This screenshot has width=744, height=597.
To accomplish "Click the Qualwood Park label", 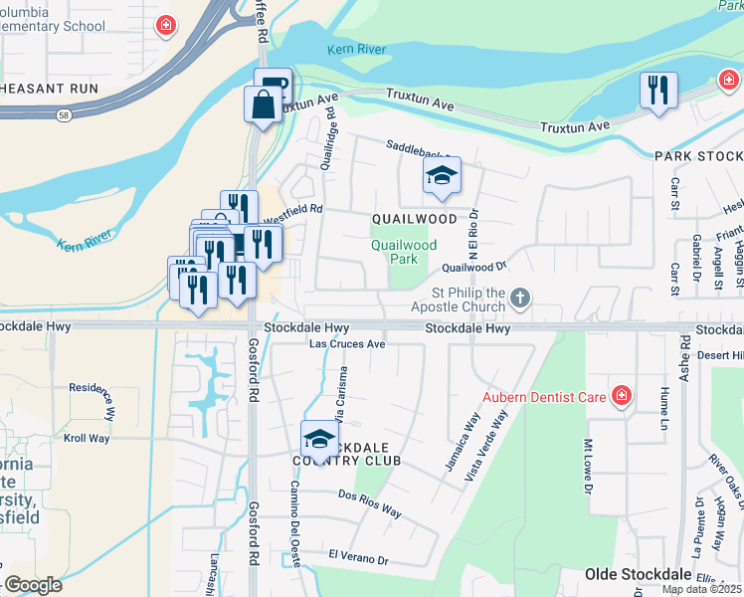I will (404, 252).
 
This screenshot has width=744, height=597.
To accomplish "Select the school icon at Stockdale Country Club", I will (318, 438).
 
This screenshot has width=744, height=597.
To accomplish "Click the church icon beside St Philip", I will (519, 298).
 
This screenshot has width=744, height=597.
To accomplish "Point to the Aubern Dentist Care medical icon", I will (622, 397).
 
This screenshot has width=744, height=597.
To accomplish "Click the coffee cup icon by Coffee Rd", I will (273, 86).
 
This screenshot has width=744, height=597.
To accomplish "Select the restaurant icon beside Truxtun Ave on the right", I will (658, 91).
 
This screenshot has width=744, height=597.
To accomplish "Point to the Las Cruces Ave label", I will (347, 344).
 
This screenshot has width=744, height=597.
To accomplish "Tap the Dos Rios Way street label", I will (369, 504).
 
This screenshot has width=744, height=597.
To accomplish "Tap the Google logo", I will (32, 585).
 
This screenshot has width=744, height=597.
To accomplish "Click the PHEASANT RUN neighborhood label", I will (47, 89).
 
